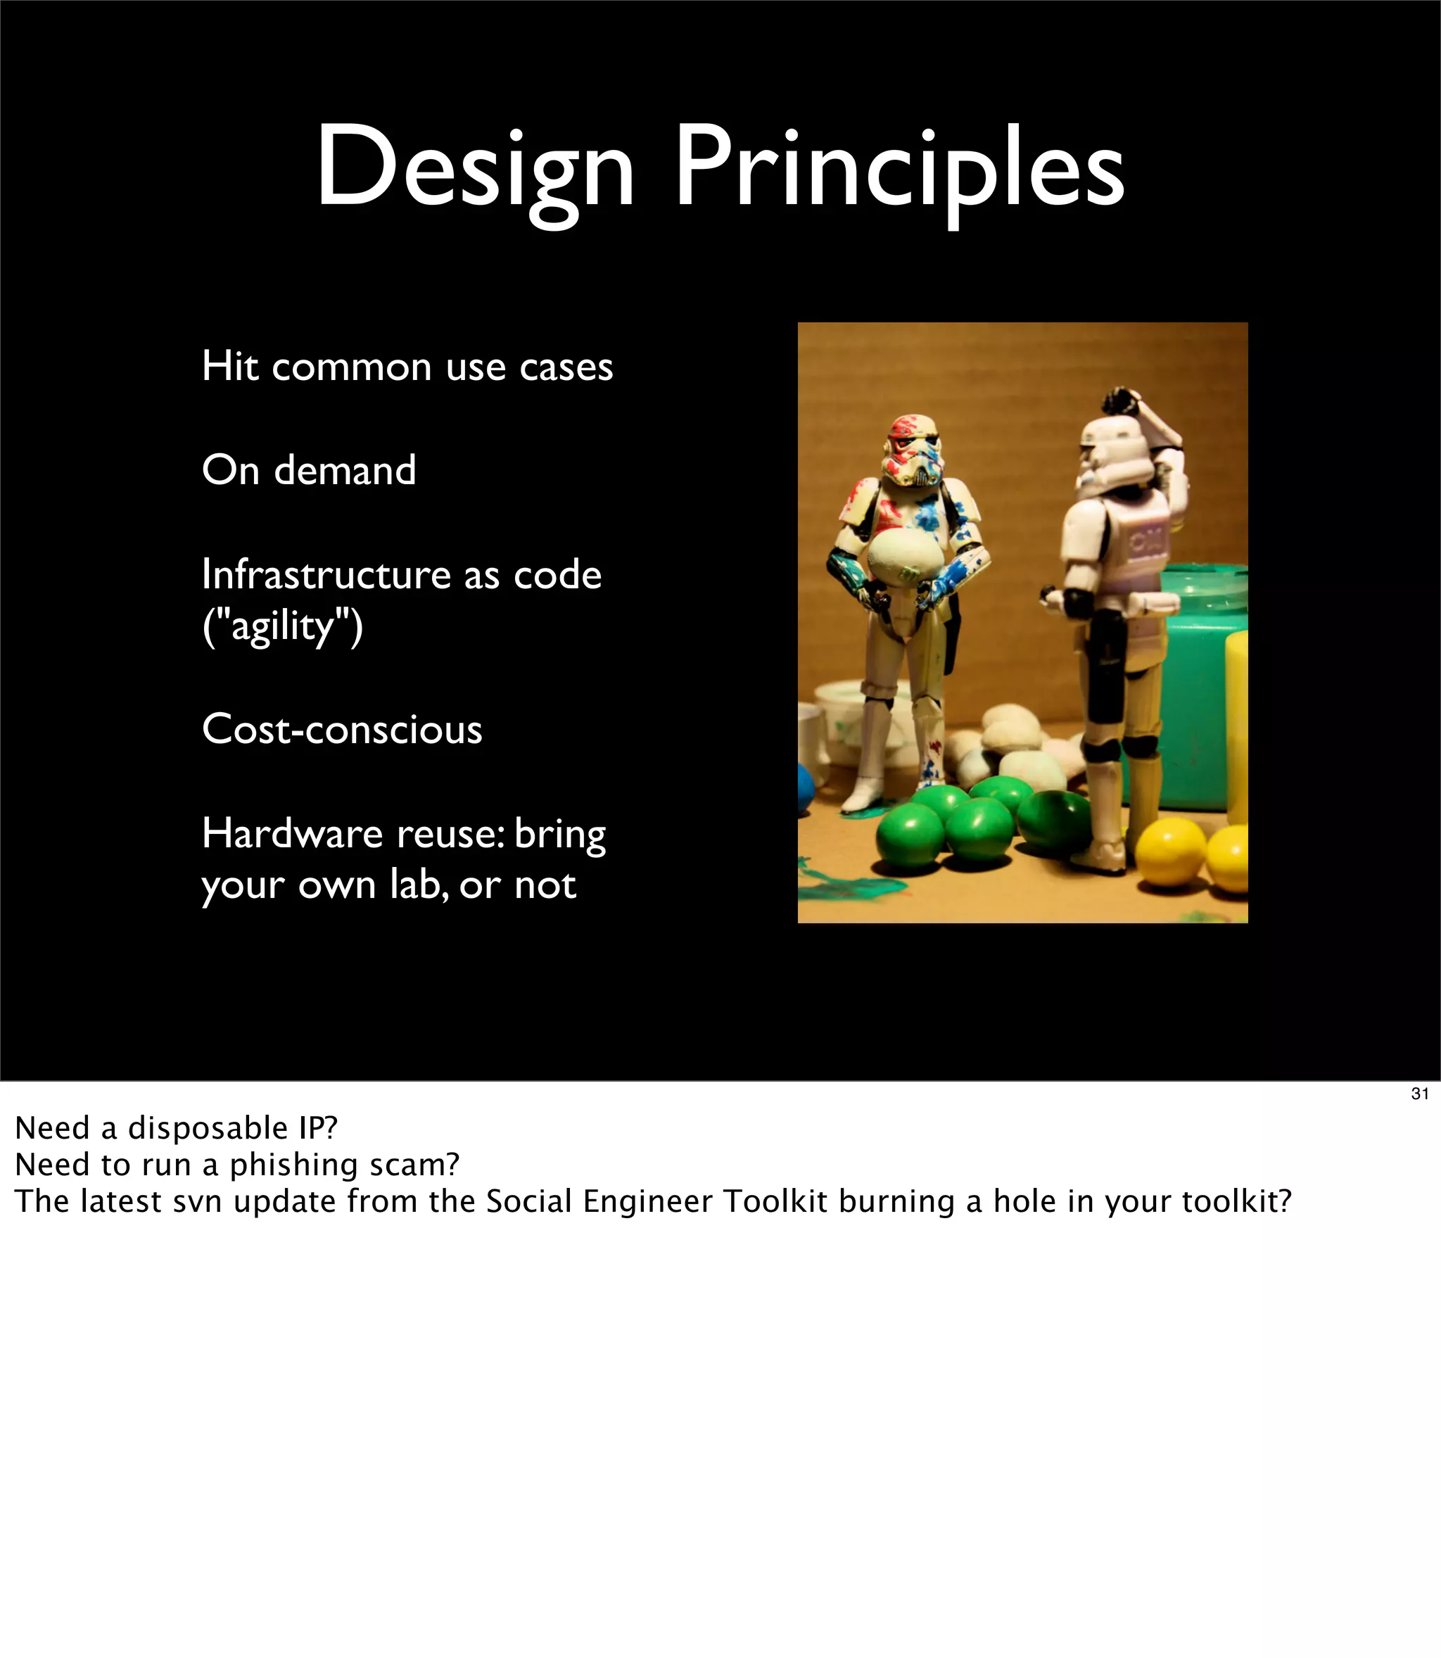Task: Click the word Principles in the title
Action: (x=899, y=170)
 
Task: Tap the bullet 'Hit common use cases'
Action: (x=407, y=367)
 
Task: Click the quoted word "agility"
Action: (x=282, y=626)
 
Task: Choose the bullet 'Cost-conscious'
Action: (x=342, y=729)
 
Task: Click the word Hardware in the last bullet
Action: (x=292, y=834)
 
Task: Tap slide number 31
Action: (x=1419, y=1094)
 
